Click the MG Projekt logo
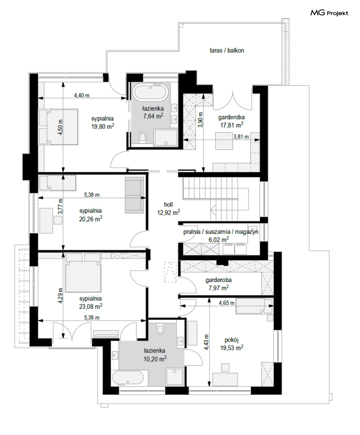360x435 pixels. coord(329,13)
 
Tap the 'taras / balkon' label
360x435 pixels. coord(227,50)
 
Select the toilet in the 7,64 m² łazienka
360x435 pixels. coord(143,137)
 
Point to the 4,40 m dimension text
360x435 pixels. coord(82,96)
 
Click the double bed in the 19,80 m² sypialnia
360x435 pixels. coord(58,127)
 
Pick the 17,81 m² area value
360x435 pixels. coord(232,125)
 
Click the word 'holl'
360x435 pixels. coord(168,204)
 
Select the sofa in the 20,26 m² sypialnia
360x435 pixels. coord(134,195)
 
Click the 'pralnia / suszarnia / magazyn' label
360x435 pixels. coord(221,232)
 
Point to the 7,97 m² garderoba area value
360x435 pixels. coord(219,288)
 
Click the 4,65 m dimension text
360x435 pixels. coord(226,303)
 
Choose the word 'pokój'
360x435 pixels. coord(232,340)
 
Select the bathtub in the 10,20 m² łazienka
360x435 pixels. coord(128,378)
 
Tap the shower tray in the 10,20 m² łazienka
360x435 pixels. coord(174,377)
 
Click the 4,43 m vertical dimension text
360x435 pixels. coord(206,342)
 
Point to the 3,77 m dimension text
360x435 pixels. coord(60,206)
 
